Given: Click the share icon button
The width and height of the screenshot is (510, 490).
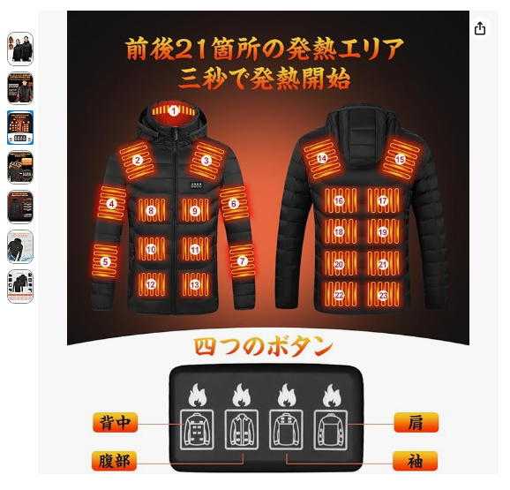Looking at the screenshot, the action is [480, 28].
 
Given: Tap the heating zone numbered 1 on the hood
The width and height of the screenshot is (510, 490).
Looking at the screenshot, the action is [174, 111].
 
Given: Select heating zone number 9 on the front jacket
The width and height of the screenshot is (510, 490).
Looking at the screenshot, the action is [195, 211].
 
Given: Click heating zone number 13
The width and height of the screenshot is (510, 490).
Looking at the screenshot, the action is [195, 285].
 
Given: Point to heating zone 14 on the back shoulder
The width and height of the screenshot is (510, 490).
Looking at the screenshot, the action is [322, 158].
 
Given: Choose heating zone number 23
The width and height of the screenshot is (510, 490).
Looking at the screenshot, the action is [383, 295].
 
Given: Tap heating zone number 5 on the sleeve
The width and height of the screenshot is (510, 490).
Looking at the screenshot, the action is [105, 261].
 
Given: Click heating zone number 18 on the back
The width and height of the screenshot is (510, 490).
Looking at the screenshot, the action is [339, 231].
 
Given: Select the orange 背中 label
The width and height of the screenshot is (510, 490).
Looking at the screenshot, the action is [115, 423].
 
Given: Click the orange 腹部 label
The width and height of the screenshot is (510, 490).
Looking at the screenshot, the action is [114, 461].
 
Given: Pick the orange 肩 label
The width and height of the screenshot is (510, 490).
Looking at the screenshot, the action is [416, 423].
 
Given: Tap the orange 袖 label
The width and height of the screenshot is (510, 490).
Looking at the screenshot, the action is [415, 461].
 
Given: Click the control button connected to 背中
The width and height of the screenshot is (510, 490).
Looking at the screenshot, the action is [197, 430].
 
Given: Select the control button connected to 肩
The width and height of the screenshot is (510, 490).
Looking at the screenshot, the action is [331, 430].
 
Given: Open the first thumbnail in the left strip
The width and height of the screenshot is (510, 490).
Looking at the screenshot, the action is [20, 49].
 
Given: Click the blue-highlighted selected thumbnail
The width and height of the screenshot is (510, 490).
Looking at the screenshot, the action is [20, 127].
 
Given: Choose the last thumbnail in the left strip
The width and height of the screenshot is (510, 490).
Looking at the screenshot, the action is [20, 286].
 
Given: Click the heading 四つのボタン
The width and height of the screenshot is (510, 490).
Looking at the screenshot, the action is [264, 347].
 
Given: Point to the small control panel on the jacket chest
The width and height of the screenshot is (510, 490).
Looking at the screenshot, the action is [197, 185].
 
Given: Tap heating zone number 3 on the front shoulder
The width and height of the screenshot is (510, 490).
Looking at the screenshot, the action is [206, 161].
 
